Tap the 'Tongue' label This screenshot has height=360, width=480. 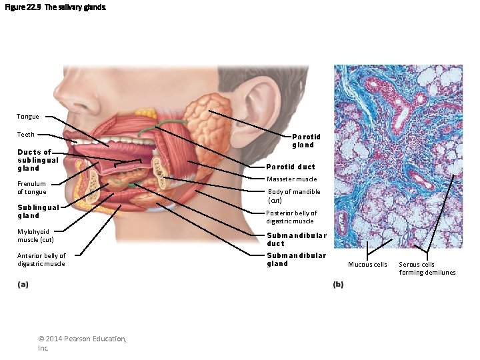(x=27, y=117)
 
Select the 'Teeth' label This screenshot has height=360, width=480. (x=26, y=135)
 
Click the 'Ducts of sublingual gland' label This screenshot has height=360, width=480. (x=38, y=160)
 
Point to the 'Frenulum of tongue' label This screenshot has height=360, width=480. (x=31, y=187)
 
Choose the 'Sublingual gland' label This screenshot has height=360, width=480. (x=38, y=211)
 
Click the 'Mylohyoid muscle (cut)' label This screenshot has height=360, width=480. (x=35, y=235)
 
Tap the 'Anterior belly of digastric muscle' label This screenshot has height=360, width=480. (x=41, y=259)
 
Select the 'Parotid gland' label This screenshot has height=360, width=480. (x=306, y=141)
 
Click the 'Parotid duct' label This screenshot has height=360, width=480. (x=291, y=167)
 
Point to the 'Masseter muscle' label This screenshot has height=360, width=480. (x=292, y=179)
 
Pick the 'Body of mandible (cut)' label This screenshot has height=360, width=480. (x=293, y=195)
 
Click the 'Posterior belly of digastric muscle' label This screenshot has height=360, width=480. (x=291, y=217)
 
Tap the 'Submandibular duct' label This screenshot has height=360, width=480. (x=296, y=239)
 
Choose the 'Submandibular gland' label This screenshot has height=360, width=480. (x=296, y=259)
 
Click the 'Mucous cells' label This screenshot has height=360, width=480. (x=367, y=265)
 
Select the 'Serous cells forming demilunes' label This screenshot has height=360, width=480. (x=427, y=268)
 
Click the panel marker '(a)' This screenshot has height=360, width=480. (x=23, y=285)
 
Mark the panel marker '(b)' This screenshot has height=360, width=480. (x=338, y=285)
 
